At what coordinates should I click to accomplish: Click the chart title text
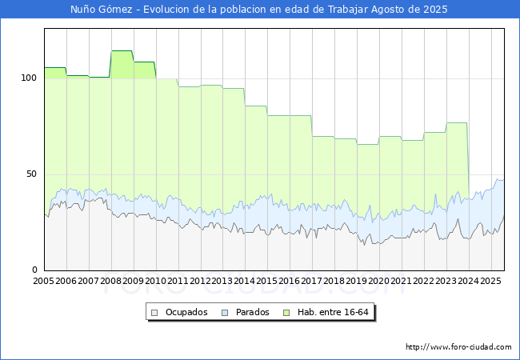(259, 10)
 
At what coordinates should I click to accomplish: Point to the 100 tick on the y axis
(30, 78)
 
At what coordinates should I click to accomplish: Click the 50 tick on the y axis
(32, 174)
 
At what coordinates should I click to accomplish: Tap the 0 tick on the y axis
(35, 270)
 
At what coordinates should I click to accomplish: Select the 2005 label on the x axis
(44, 282)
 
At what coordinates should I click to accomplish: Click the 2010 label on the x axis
(155, 282)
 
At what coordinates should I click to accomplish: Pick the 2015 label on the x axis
(266, 282)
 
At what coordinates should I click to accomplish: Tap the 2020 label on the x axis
(378, 282)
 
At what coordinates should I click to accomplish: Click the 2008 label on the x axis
(110, 282)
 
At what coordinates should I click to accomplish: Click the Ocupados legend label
(186, 312)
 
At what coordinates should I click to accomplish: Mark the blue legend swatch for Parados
(226, 312)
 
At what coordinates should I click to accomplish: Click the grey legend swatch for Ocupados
(156, 312)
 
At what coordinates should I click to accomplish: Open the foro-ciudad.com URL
(458, 347)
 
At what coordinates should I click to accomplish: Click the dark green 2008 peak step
(122, 51)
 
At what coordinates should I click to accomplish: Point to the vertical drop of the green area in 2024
(468, 152)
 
